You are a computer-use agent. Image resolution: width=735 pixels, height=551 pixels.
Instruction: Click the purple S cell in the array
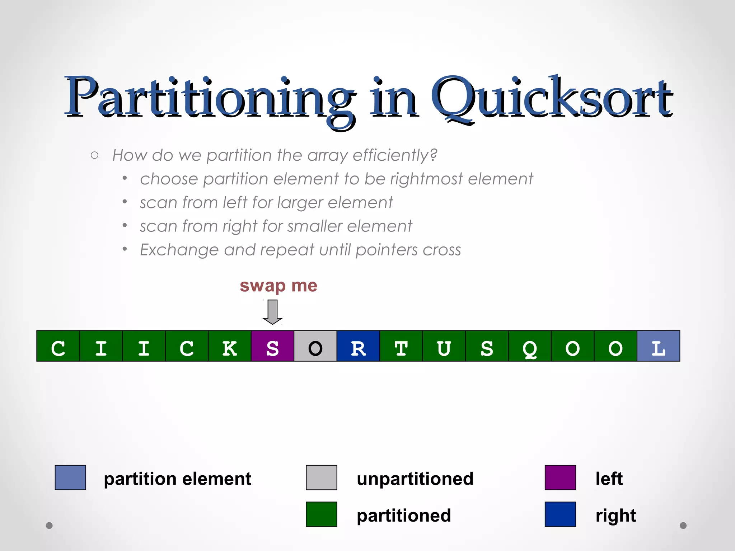[x=272, y=346]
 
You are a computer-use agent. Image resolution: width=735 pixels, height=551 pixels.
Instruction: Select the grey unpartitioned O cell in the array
[x=315, y=346]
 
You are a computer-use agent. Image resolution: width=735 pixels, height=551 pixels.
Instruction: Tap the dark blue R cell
[x=358, y=346]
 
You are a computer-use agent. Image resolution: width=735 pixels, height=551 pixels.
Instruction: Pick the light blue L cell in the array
[x=659, y=346]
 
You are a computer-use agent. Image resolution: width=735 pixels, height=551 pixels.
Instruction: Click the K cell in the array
[x=230, y=346]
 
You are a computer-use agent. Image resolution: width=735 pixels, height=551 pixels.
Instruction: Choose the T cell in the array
[x=401, y=346]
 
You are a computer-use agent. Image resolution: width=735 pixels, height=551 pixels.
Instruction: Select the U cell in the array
[x=444, y=346]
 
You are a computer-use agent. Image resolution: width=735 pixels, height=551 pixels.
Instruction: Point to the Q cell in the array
[x=530, y=346]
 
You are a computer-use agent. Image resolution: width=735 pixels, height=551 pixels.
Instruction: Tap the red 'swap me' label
[x=278, y=286]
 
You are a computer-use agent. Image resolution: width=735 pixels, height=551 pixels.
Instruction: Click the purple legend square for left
[x=560, y=477]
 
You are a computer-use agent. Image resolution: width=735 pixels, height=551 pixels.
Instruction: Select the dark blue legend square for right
[x=560, y=514]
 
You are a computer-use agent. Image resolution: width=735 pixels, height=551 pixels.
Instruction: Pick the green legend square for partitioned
[x=322, y=514]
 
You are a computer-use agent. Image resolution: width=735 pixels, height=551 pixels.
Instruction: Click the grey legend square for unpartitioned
[x=322, y=477]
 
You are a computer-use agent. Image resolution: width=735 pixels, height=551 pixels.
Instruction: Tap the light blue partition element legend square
[x=70, y=477]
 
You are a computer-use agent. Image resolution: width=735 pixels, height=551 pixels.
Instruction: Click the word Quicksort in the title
[x=552, y=98]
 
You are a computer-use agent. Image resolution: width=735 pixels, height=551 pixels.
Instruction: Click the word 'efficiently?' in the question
[x=395, y=155]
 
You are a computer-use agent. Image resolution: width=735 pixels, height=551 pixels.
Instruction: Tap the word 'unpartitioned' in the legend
[x=415, y=479]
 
